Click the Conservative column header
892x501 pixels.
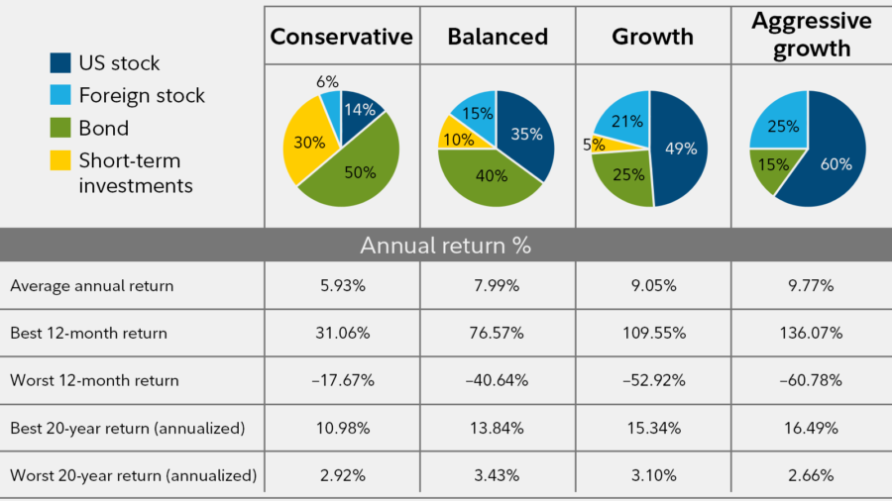click(341, 38)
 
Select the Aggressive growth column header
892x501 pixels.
click(811, 35)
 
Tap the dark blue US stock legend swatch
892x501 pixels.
click(62, 63)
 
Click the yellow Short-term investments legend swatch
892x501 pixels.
click(62, 160)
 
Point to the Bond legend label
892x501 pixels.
click(104, 128)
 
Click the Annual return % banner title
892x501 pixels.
click(445, 246)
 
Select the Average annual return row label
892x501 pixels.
click(91, 286)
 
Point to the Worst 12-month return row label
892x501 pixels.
click(95, 380)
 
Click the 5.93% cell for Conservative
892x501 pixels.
click(341, 286)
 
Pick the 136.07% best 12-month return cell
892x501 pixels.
click(811, 334)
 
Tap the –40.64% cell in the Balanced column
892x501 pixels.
click(497, 380)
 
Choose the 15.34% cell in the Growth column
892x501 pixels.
click(653, 428)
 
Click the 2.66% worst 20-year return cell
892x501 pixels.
click(811, 475)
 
